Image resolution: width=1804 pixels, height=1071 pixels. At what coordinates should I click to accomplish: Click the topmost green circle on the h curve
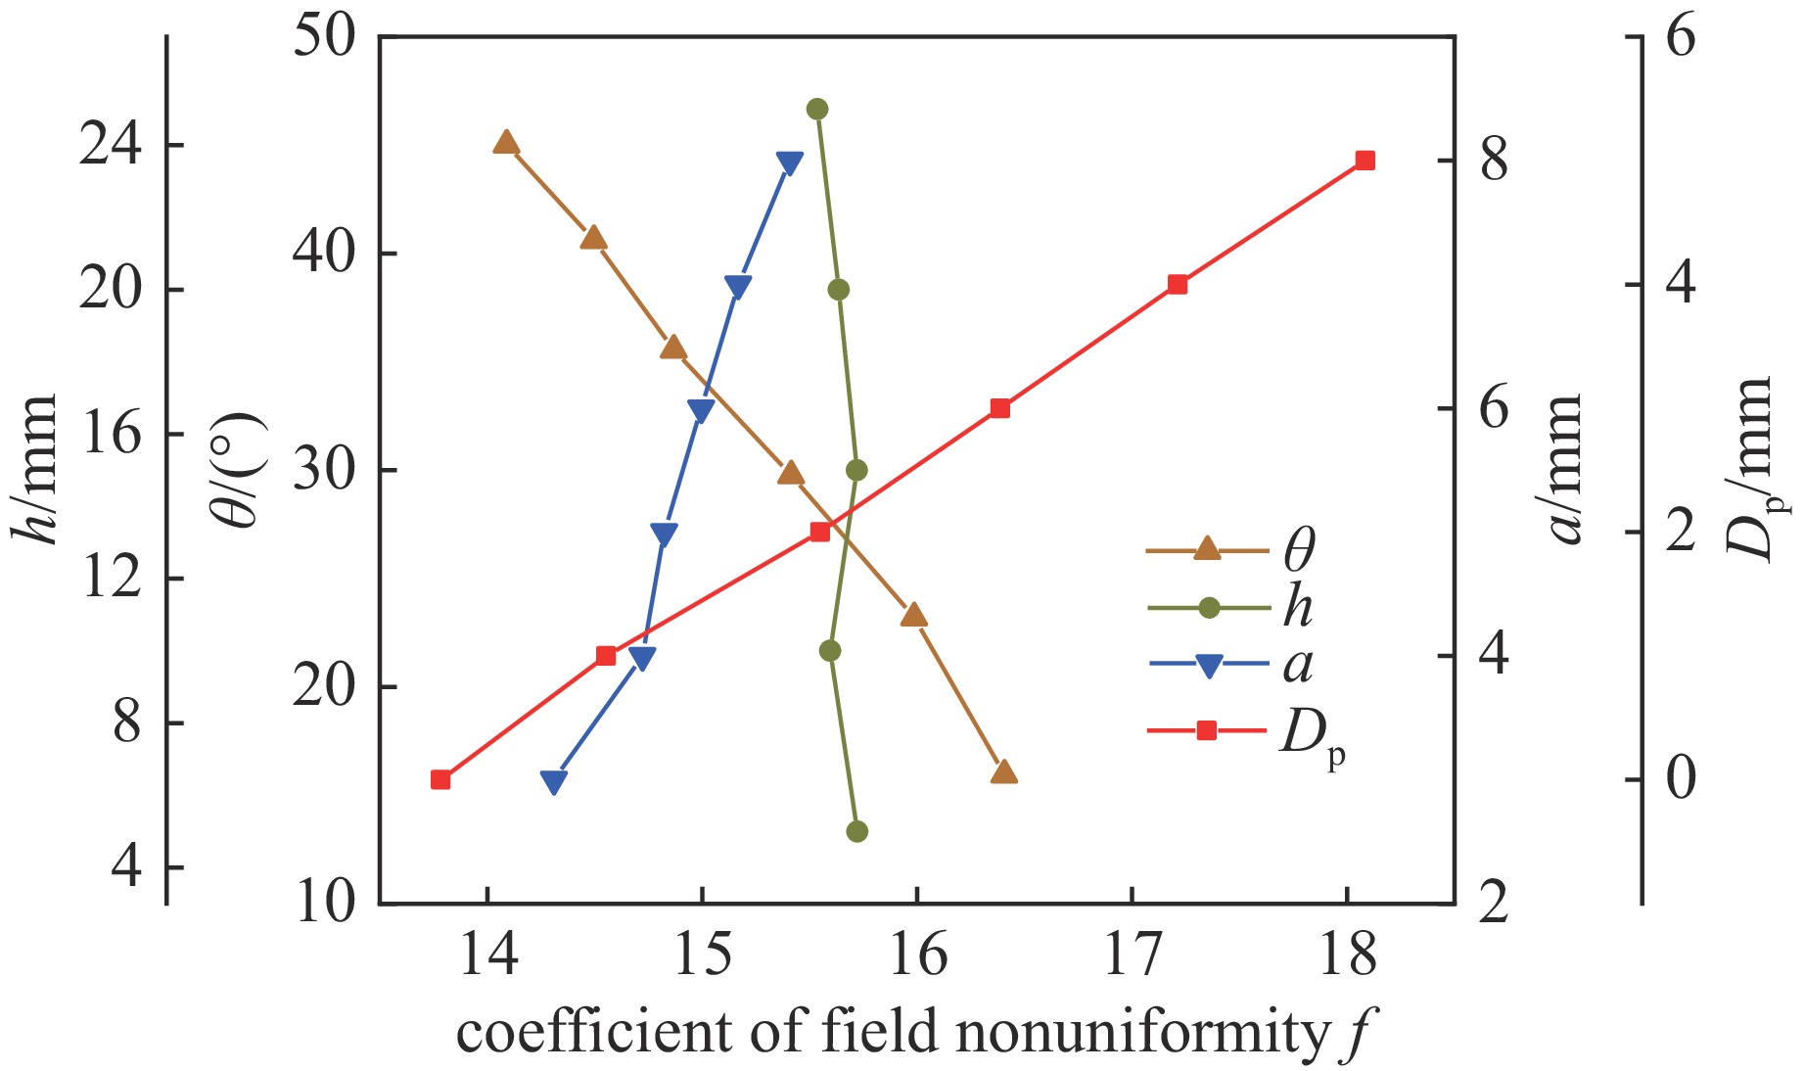pos(817,109)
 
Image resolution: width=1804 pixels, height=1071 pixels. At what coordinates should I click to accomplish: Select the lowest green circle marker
pos(857,831)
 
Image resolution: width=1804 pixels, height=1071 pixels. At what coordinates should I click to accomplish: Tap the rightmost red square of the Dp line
pos(1365,161)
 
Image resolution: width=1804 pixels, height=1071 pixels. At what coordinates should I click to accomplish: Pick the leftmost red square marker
pos(440,779)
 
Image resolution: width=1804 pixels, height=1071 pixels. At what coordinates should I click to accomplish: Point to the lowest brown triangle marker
pos(1004,772)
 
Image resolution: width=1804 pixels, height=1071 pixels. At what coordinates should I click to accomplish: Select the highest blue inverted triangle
pos(790,163)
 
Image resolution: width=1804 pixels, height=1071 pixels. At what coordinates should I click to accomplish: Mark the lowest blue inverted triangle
pos(554,781)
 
